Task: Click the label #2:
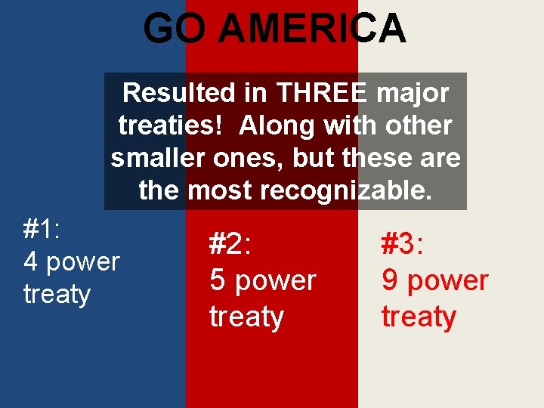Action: [230, 245]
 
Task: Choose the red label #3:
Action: [402, 245]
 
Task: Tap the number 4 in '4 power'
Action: [31, 261]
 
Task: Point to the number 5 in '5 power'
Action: [218, 280]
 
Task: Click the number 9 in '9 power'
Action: [390, 280]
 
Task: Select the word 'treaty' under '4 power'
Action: [57, 294]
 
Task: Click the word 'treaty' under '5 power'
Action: [246, 316]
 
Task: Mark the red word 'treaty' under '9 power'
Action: [419, 316]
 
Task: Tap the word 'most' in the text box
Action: [220, 190]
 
